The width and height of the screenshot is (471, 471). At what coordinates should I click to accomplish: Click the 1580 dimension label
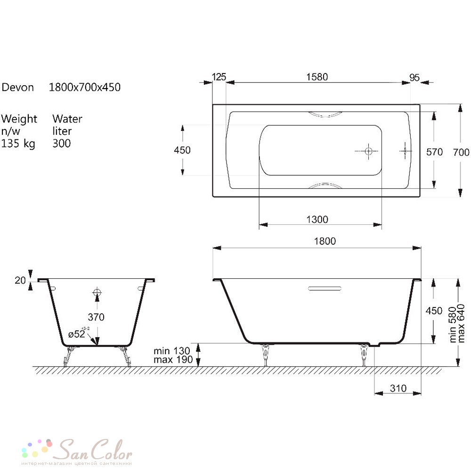click(x=317, y=77)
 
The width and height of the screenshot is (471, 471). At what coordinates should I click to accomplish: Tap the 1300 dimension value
click(x=317, y=219)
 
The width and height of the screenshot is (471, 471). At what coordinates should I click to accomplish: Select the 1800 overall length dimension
click(x=325, y=241)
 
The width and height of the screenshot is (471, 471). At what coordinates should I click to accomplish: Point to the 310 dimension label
click(x=398, y=389)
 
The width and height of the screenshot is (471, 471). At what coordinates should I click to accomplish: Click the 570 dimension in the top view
click(x=434, y=152)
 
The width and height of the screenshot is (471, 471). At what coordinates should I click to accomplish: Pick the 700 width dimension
click(x=461, y=153)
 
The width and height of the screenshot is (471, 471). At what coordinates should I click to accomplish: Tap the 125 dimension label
click(x=219, y=77)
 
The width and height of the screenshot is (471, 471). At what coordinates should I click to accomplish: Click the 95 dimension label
click(x=414, y=78)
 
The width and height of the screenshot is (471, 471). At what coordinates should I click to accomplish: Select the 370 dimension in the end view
click(x=96, y=317)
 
